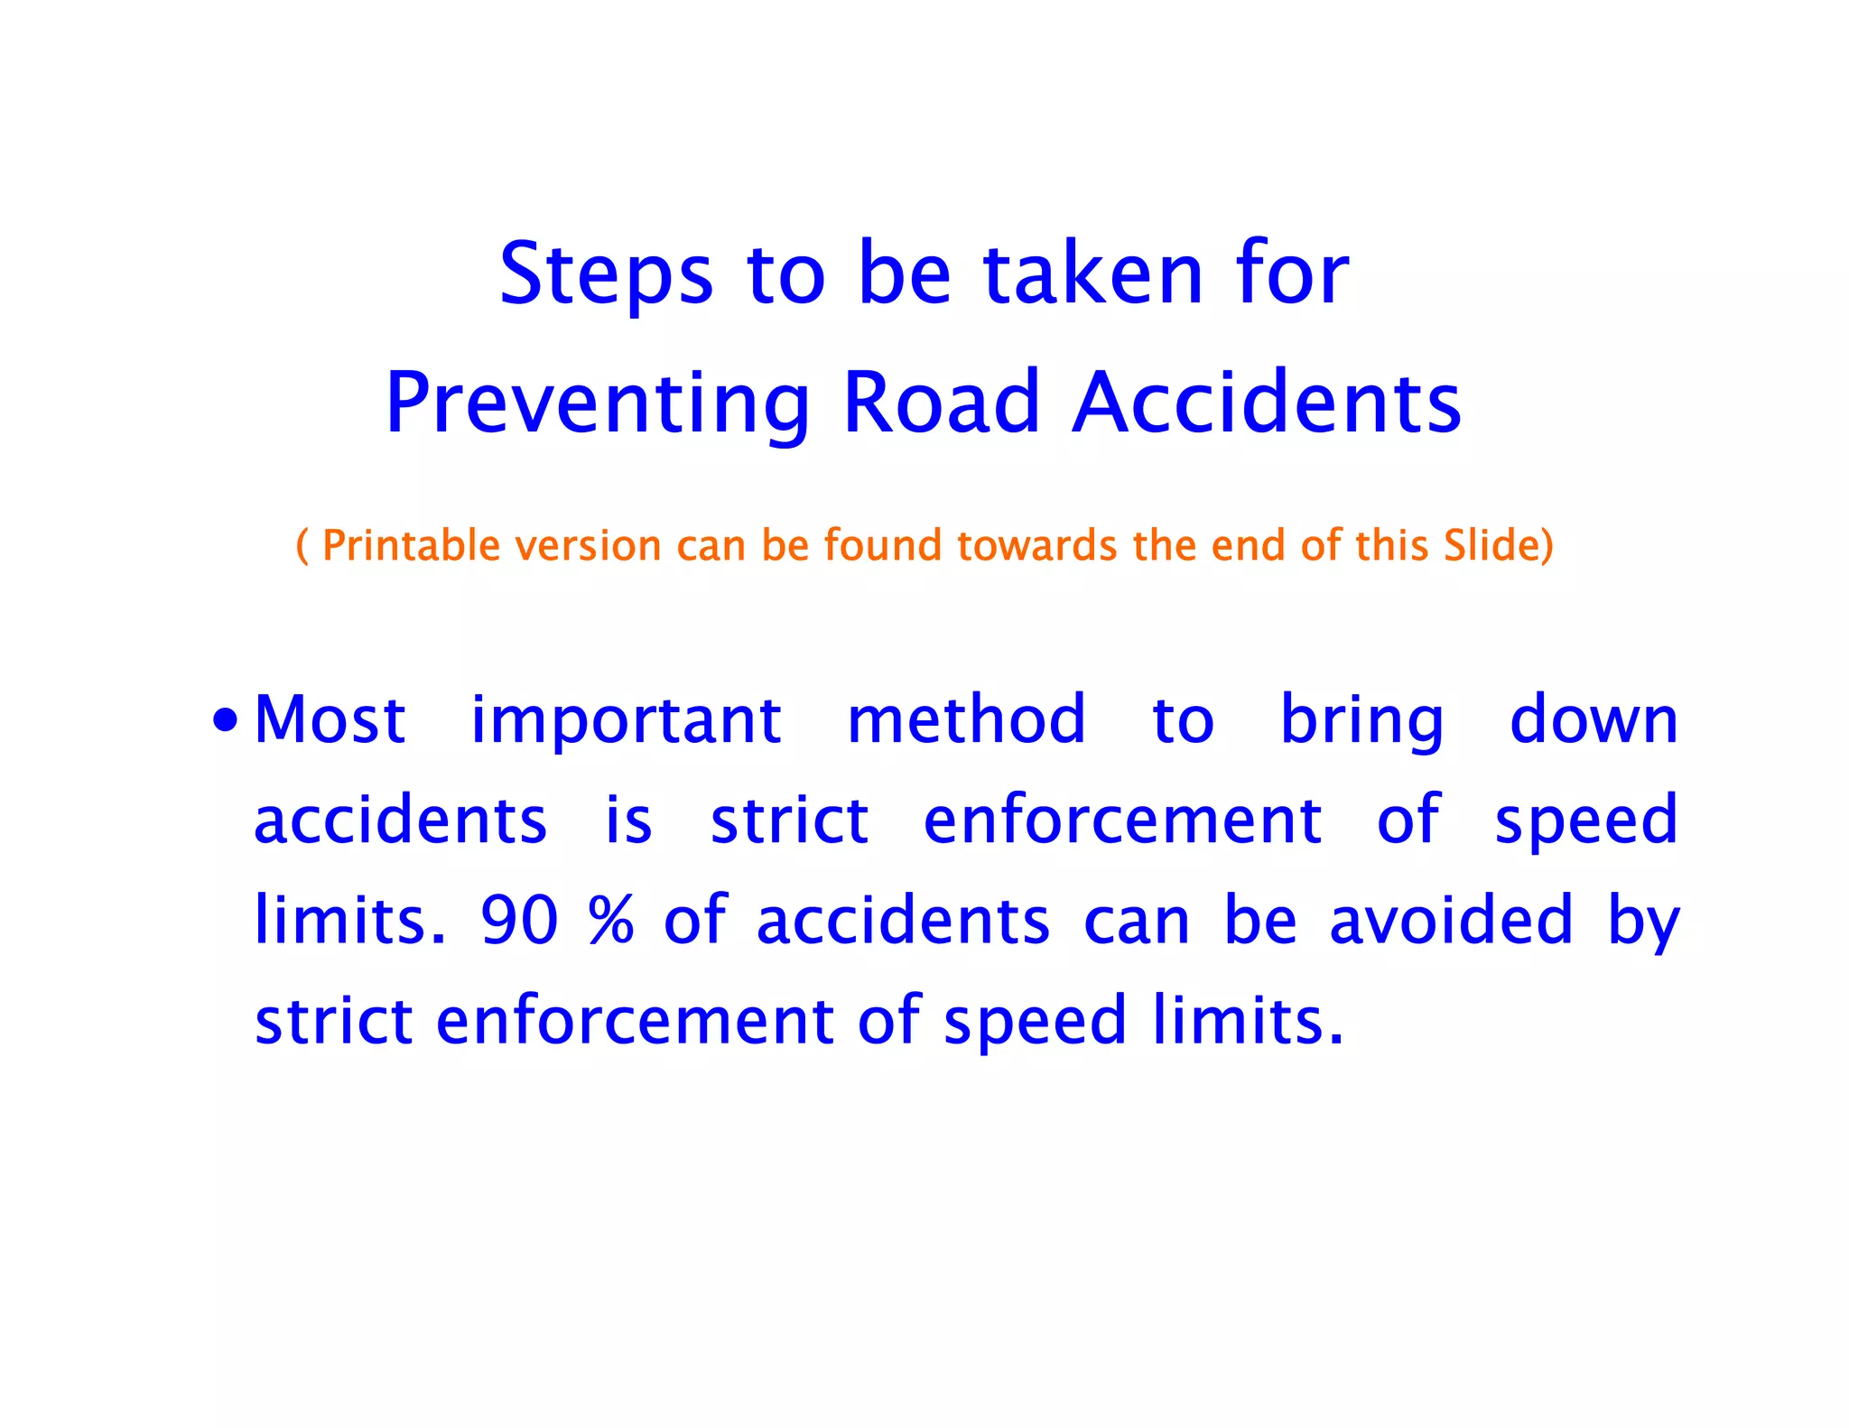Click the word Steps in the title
coord(606,274)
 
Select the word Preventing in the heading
coord(598,403)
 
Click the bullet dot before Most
coord(226,721)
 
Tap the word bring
coord(1361,722)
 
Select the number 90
coord(519,921)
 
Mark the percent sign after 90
coord(611,921)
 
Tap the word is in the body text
coord(628,821)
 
